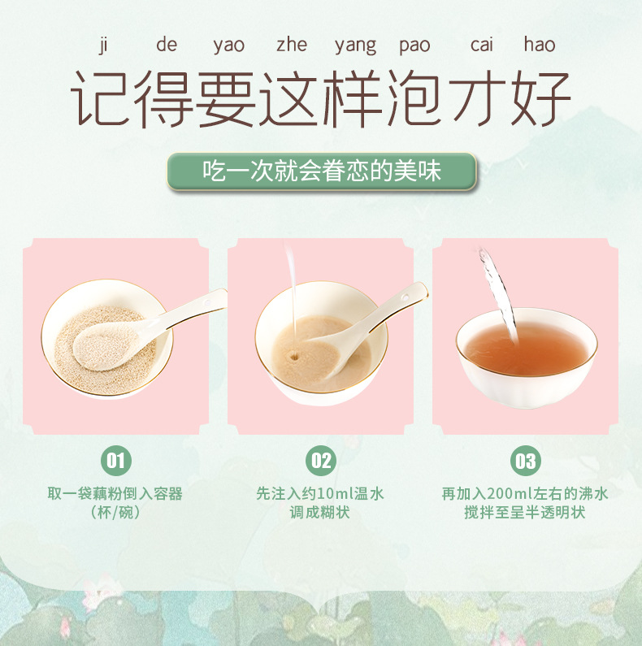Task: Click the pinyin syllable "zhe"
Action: pyautogui.click(x=292, y=45)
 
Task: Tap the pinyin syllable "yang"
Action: pyautogui.click(x=355, y=46)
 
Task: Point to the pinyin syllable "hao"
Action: pyautogui.click(x=539, y=45)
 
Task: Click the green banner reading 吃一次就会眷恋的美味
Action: pyautogui.click(x=321, y=172)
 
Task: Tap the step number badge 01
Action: pyautogui.click(x=115, y=462)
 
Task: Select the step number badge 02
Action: pyautogui.click(x=320, y=462)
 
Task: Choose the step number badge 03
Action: pyautogui.click(x=525, y=462)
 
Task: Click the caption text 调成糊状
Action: pyautogui.click(x=320, y=513)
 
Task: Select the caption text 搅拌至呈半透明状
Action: pyautogui.click(x=525, y=513)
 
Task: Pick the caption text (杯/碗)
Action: pyautogui.click(x=115, y=513)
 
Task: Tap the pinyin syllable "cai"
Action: pyautogui.click(x=481, y=45)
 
